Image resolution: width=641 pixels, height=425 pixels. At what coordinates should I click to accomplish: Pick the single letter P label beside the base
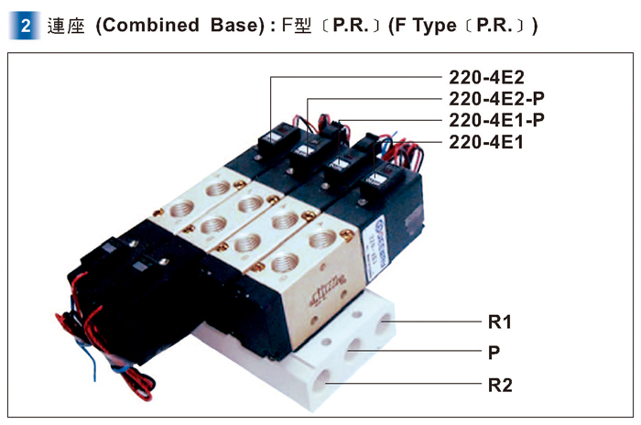click(x=494, y=351)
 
